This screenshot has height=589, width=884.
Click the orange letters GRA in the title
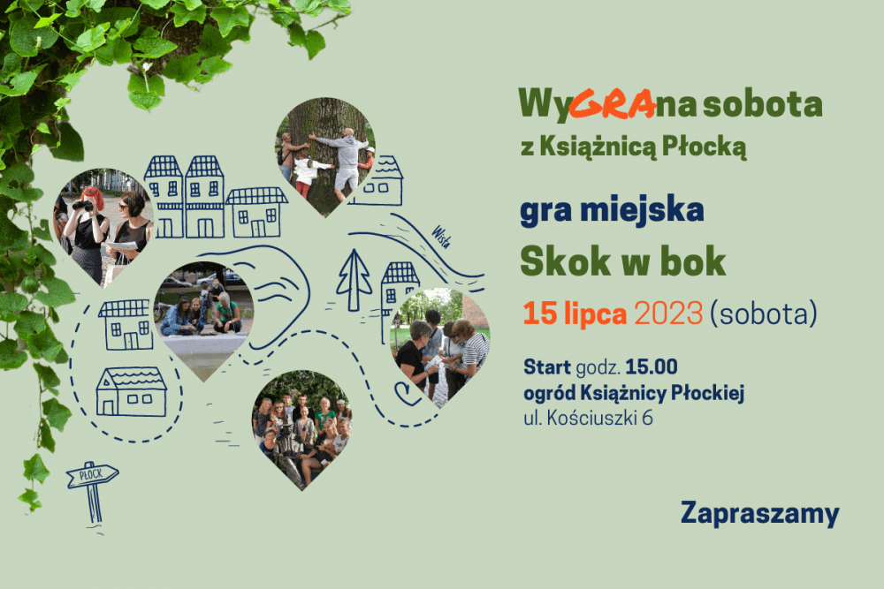pyautogui.click(x=613, y=104)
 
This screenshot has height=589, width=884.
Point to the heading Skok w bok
pyautogui.click(x=623, y=261)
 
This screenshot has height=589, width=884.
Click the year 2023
pyautogui.click(x=668, y=313)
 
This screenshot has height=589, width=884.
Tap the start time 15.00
pyautogui.click(x=652, y=367)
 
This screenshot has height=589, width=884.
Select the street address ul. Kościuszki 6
pyautogui.click(x=588, y=418)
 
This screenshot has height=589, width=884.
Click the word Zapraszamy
pyautogui.click(x=760, y=514)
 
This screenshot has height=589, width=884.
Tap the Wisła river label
pyautogui.click(x=441, y=237)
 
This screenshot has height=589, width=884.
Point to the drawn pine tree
pyautogui.click(x=354, y=280)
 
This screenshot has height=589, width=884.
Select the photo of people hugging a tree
pyautogui.click(x=324, y=157)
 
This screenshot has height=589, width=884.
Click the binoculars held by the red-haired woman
pyautogui.click(x=83, y=207)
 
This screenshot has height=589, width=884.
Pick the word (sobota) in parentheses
pyautogui.click(x=764, y=313)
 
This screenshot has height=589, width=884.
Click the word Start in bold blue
pyautogui.click(x=547, y=367)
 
